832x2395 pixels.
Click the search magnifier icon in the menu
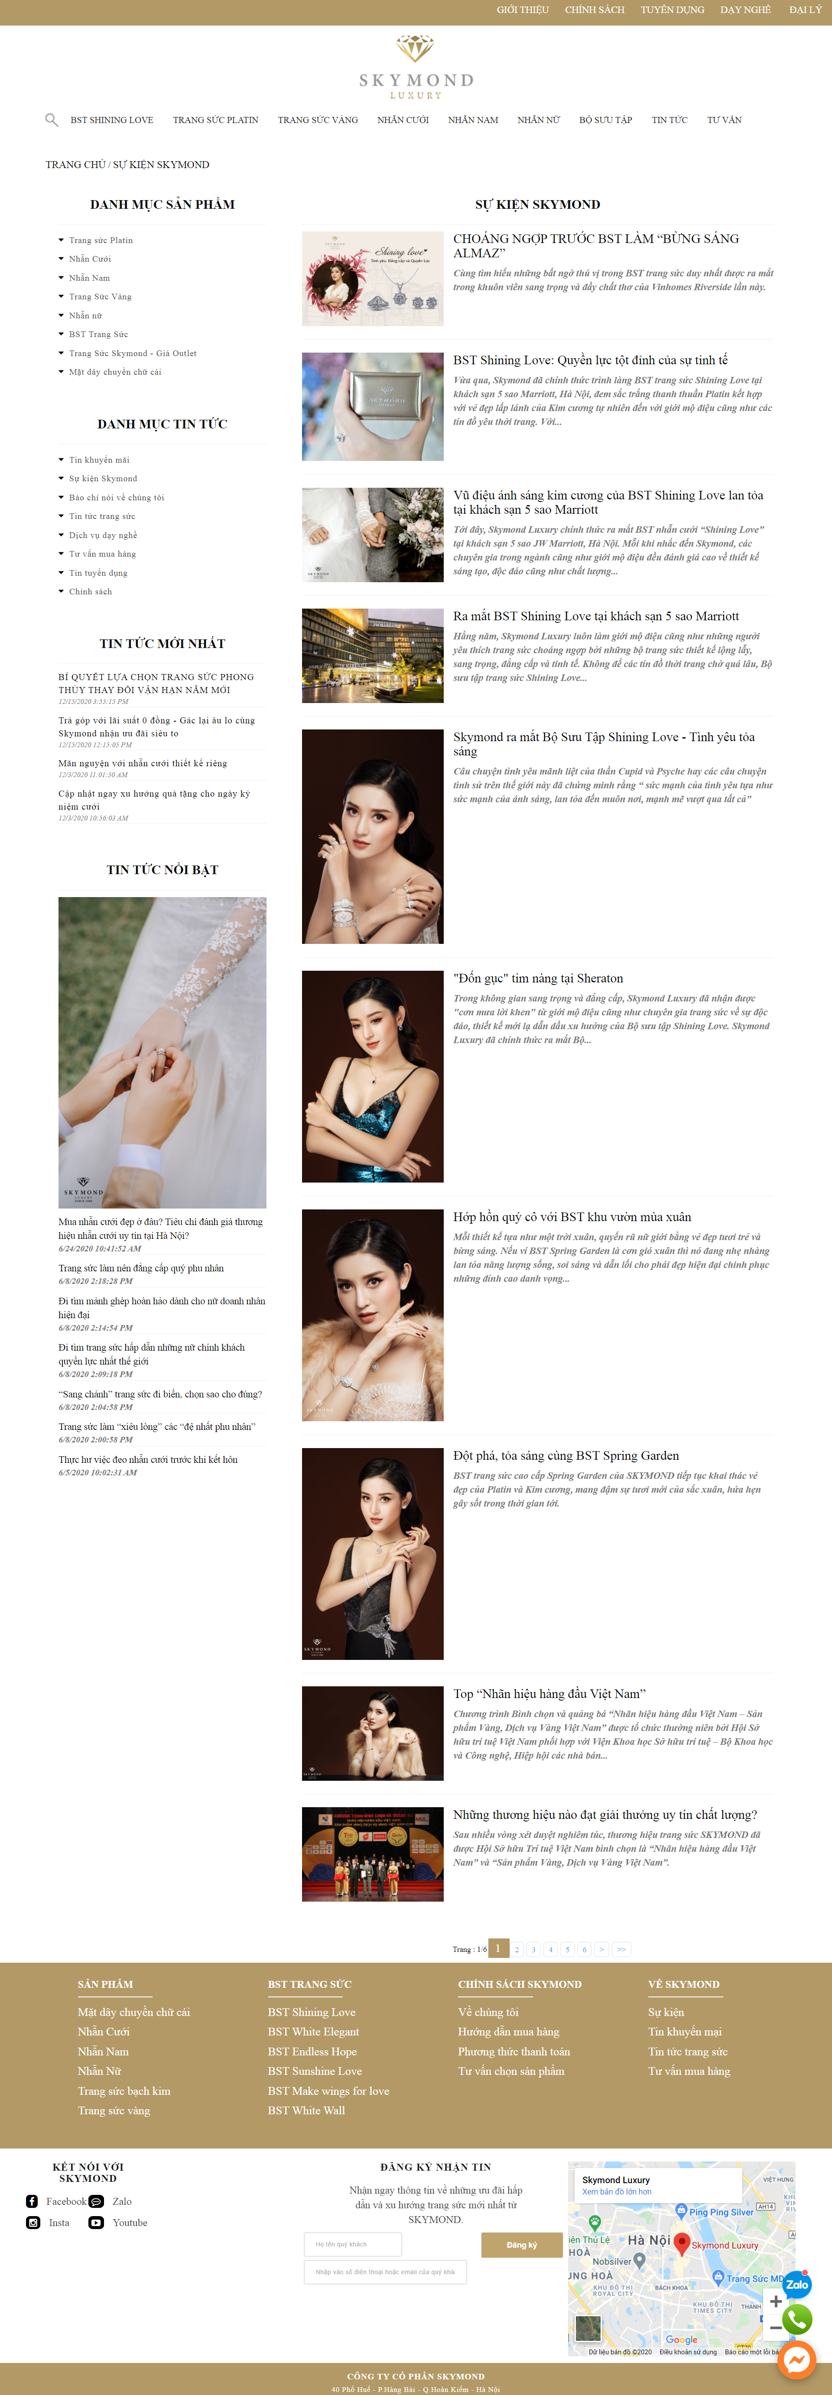click(x=51, y=119)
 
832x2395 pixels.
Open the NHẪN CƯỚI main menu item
click(x=403, y=120)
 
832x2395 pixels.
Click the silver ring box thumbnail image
click(x=373, y=406)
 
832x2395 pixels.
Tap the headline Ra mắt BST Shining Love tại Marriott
click(x=596, y=616)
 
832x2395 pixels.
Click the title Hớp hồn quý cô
click(x=572, y=1217)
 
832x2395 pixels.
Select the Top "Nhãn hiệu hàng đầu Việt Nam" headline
click(x=549, y=1694)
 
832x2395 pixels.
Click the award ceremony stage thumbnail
click(x=373, y=1854)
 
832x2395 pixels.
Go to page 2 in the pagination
click(x=517, y=1950)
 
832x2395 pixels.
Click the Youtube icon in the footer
click(x=96, y=2223)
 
